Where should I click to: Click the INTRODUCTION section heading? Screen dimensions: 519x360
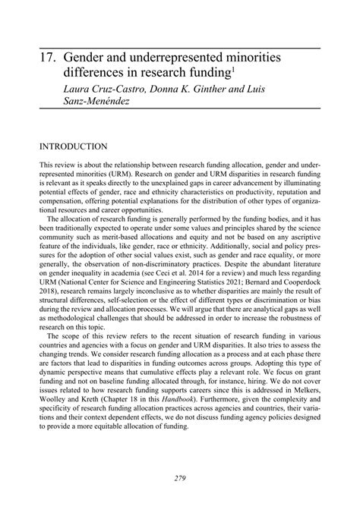click(x=75, y=146)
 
